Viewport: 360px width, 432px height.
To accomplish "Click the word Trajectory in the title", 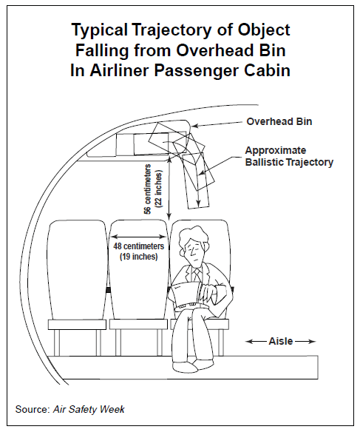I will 163,30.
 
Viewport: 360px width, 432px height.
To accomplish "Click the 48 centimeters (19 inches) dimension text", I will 138,251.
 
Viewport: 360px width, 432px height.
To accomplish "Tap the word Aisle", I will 280,341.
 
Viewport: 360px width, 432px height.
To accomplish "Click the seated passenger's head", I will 194,247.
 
